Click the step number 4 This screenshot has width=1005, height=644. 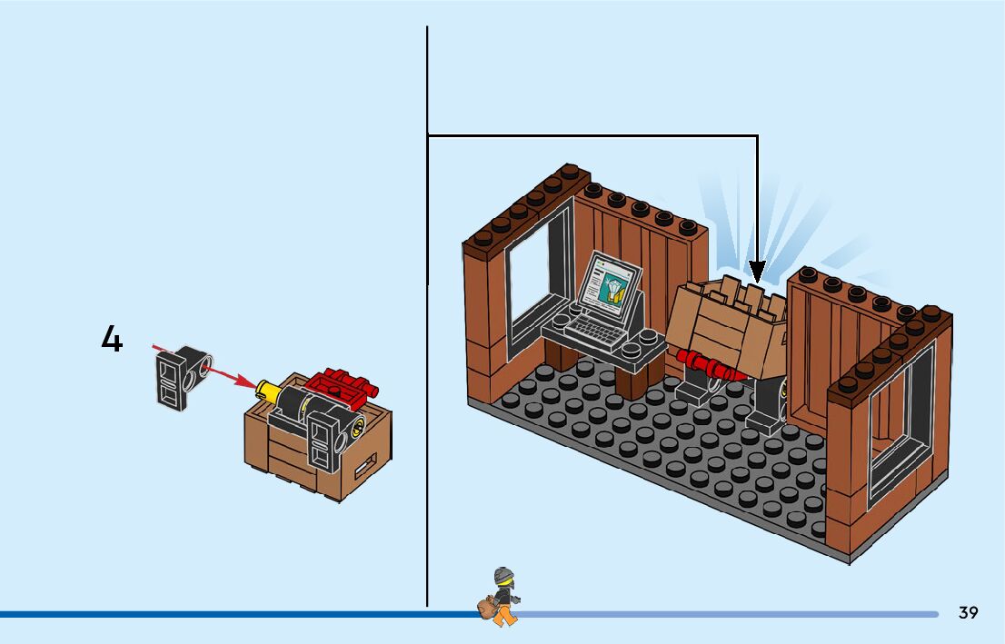pos(111,340)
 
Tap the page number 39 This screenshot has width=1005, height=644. pos(968,612)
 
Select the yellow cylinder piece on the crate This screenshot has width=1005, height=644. pos(268,391)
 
